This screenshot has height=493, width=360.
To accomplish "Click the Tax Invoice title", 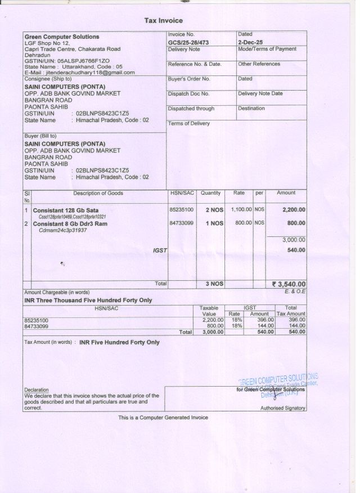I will click(164, 21).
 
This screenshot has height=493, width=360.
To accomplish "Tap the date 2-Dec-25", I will click(250, 42).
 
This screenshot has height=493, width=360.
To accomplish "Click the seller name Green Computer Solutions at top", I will click(61, 37).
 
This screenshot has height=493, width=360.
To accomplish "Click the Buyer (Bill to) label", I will click(40, 136).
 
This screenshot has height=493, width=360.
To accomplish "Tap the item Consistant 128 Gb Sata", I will click(65, 210).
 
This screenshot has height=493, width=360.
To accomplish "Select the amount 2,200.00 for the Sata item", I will click(294, 210).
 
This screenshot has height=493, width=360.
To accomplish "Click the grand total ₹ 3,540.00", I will click(289, 284).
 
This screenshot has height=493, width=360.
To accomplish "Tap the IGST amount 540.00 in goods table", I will click(296, 250).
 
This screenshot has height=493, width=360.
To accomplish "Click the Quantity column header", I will click(210, 193).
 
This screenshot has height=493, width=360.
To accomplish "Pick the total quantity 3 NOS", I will click(214, 284).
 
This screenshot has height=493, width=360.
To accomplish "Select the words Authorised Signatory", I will click(287, 408).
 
